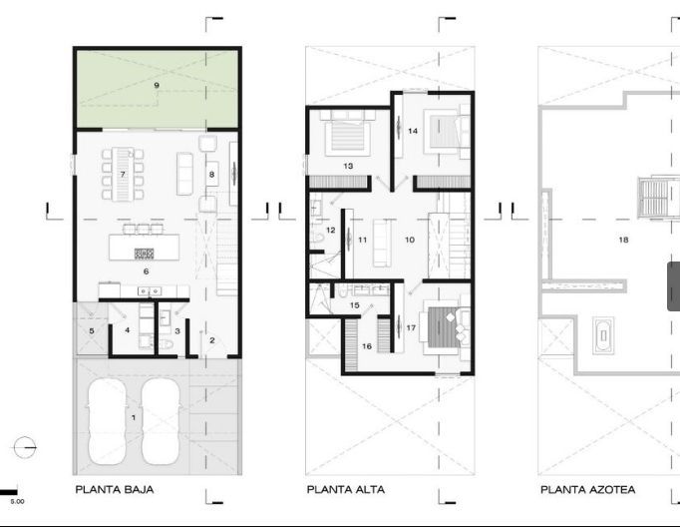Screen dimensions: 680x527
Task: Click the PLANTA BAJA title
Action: (x=115, y=490)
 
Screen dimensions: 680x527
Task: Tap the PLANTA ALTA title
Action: (x=346, y=490)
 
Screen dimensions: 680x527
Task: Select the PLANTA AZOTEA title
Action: (x=587, y=490)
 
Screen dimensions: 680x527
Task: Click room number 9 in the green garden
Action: (x=157, y=85)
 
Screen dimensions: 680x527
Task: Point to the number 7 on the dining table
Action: (x=123, y=175)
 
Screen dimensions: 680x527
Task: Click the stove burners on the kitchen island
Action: (x=144, y=254)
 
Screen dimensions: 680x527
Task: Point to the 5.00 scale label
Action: (x=17, y=501)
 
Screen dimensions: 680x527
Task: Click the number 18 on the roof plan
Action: (x=623, y=240)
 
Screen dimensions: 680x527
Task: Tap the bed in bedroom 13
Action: (x=347, y=134)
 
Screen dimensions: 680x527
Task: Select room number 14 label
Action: (x=413, y=131)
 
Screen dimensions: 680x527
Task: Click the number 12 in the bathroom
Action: (x=330, y=231)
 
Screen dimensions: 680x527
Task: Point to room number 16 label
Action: (x=367, y=346)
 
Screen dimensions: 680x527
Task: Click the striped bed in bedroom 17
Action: (x=443, y=327)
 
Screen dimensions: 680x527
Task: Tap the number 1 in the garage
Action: (x=134, y=417)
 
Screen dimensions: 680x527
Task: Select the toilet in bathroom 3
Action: (x=167, y=344)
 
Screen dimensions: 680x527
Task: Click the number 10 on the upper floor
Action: (x=410, y=240)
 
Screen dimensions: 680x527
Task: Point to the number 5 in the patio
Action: (x=92, y=331)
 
